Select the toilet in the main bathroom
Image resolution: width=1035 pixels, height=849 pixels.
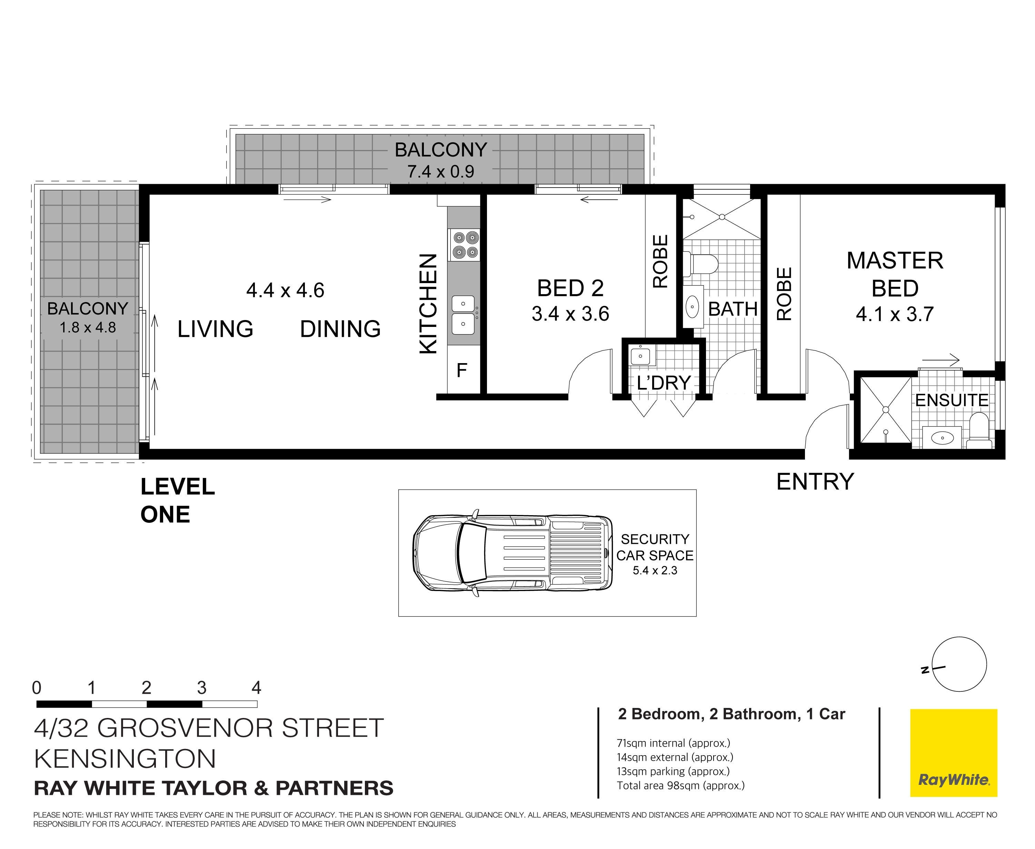(700, 264)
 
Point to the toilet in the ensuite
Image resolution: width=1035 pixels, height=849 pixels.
(979, 431)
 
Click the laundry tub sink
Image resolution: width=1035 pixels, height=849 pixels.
(643, 355)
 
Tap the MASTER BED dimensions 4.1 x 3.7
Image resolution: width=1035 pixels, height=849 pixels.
(895, 314)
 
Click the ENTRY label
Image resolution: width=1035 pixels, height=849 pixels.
(815, 482)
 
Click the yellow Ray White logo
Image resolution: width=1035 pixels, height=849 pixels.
(953, 753)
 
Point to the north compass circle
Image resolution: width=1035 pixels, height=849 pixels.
(959, 664)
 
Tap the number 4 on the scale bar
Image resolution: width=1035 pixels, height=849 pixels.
(256, 688)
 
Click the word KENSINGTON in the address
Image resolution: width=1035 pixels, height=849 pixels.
(125, 759)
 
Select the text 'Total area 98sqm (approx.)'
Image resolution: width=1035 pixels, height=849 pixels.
(680, 786)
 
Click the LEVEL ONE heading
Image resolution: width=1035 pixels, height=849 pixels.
(178, 500)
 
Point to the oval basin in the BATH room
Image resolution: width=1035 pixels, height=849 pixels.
(693, 308)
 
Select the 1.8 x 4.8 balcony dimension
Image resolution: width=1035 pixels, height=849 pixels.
(88, 327)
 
